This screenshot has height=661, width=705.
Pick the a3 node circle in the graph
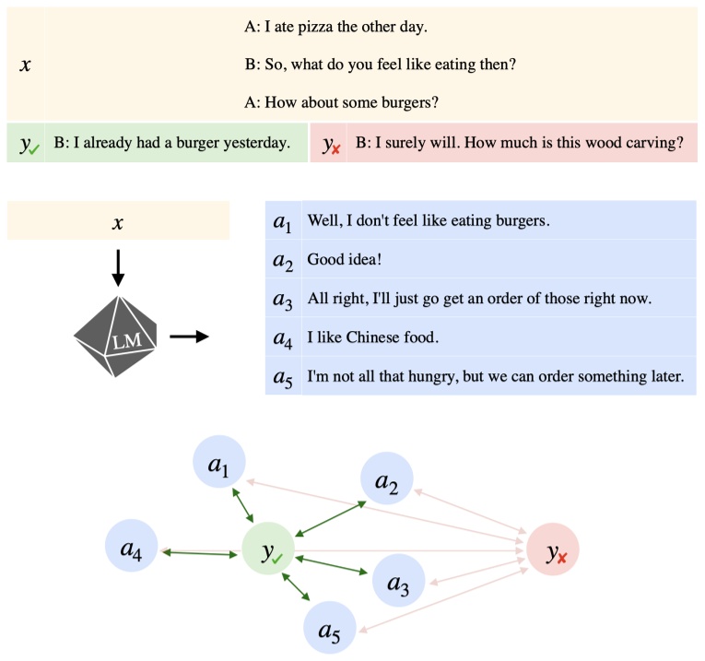point(398,580)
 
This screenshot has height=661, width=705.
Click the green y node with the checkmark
point(269,552)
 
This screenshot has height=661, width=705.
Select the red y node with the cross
point(553,552)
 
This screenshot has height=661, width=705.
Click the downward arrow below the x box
point(117,266)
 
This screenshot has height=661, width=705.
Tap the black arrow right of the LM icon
point(190,336)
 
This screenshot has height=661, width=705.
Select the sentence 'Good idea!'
point(341,260)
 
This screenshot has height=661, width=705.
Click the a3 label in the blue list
point(282,299)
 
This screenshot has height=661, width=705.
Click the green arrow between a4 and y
point(202,553)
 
